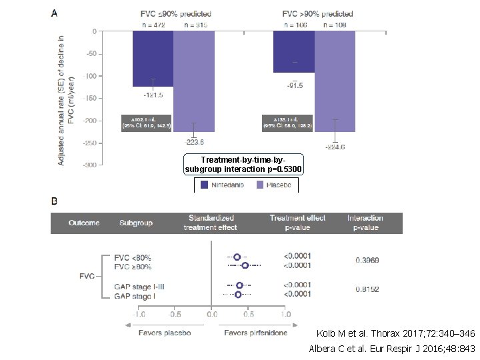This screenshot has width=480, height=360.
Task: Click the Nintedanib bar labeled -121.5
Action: pyautogui.click(x=153, y=58)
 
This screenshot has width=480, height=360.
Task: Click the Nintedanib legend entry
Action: pyautogui.click(x=219, y=184)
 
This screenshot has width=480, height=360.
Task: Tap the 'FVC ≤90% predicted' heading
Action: pyautogui.click(x=176, y=13)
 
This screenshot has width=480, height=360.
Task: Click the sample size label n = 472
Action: pyautogui.click(x=154, y=25)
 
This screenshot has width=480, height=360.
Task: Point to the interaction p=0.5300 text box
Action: pyautogui.click(x=243, y=165)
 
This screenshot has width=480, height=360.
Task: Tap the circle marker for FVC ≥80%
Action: pyautogui.click(x=245, y=265)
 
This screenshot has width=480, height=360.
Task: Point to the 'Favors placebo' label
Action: pyautogui.click(x=165, y=332)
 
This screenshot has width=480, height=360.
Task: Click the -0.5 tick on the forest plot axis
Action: pyautogui.click(x=175, y=313)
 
